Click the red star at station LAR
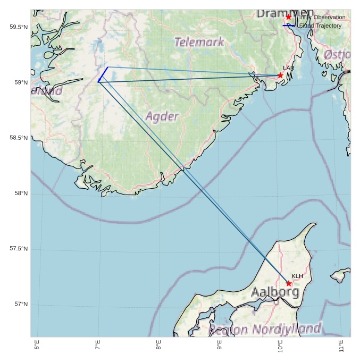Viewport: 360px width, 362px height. (x=280, y=75)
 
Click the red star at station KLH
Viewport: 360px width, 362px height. (x=289, y=283)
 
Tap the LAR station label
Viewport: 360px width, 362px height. (x=289, y=69)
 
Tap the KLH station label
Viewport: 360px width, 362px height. (x=297, y=276)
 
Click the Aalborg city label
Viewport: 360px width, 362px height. (x=275, y=292)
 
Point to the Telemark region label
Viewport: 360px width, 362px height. (x=199, y=42)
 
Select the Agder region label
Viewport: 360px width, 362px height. (x=162, y=116)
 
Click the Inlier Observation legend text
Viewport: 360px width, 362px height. (x=322, y=18)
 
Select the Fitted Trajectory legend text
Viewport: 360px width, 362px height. (x=320, y=26)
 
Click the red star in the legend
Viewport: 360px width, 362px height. (x=289, y=17)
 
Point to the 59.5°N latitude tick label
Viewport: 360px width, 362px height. (x=19, y=27)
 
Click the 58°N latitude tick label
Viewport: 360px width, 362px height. (x=21, y=193)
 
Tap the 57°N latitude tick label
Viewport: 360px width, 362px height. (x=21, y=305)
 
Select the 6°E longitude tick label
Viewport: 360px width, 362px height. (x=37, y=346)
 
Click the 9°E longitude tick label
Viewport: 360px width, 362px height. (x=220, y=346)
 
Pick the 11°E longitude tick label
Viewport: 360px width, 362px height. (x=341, y=346)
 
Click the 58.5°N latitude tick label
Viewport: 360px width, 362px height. (x=19, y=138)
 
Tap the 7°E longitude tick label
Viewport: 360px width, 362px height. (x=98, y=346)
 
